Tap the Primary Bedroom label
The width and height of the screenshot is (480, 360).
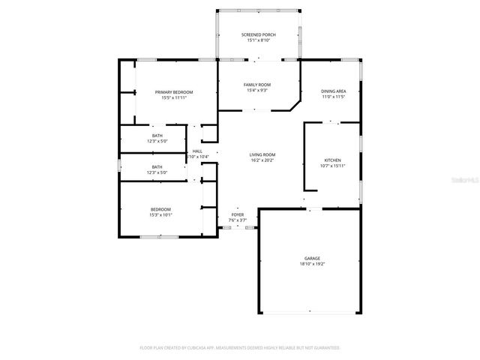[170, 91]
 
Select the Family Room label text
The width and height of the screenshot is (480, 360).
[256, 85]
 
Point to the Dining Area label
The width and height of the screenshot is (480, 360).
[332, 91]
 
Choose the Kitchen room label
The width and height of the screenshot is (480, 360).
[332, 160]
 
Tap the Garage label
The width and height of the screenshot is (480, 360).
[312, 258]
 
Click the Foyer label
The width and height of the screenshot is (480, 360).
[237, 214]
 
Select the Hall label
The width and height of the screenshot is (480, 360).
[197, 151]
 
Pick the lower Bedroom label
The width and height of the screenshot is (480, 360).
[160, 209]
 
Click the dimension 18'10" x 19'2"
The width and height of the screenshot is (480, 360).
[312, 264]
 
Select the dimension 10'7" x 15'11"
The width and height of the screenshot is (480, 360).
[332, 166]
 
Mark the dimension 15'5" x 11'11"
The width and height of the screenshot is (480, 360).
[170, 97]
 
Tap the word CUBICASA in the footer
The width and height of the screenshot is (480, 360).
[208, 348]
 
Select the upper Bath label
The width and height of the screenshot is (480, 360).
[157, 135]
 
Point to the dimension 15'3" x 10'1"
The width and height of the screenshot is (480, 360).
[160, 215]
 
